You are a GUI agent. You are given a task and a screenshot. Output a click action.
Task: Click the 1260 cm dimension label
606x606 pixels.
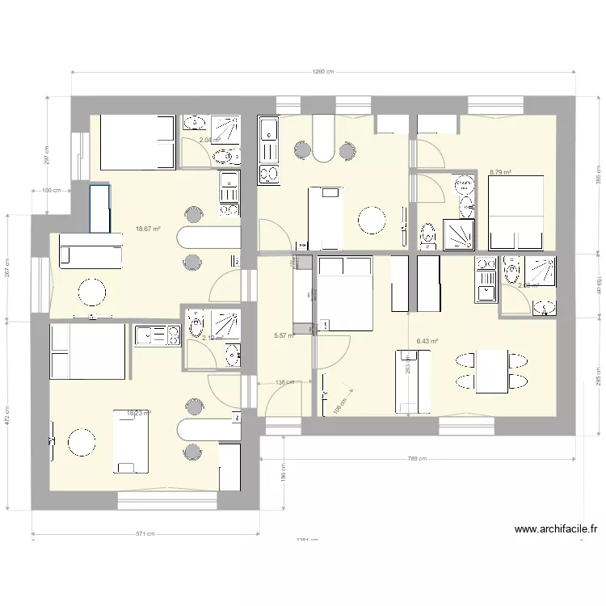tap(323, 72)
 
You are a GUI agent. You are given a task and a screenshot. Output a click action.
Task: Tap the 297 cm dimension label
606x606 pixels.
tap(46, 154)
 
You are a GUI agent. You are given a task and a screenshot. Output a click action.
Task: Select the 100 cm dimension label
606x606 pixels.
tap(51, 191)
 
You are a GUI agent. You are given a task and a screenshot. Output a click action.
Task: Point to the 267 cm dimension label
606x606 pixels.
tap(7, 267)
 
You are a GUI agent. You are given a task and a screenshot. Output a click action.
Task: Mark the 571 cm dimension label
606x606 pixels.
tap(145, 533)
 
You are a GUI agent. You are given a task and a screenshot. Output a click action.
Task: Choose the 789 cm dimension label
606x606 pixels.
tap(417, 459)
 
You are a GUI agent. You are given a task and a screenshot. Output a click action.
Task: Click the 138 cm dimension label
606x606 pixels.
tap(284, 382)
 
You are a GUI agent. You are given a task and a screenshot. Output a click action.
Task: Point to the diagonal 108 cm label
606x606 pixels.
tap(338, 406)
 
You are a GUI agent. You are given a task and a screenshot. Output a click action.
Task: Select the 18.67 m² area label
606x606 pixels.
tap(149, 229)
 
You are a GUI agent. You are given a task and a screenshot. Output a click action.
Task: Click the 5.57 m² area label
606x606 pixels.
tap(284, 335)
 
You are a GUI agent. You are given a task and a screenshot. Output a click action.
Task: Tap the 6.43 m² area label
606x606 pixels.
tap(427, 342)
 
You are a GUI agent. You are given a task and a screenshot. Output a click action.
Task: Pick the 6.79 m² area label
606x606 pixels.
tap(500, 172)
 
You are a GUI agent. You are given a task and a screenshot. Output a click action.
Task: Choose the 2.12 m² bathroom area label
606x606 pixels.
tap(213, 339)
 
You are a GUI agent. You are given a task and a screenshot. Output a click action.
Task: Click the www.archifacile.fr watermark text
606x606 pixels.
tap(556, 531)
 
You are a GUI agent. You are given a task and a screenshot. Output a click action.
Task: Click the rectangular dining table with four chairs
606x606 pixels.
tap(492, 370)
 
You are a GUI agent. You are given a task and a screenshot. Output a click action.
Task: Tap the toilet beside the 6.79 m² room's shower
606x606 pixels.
tap(428, 235)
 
